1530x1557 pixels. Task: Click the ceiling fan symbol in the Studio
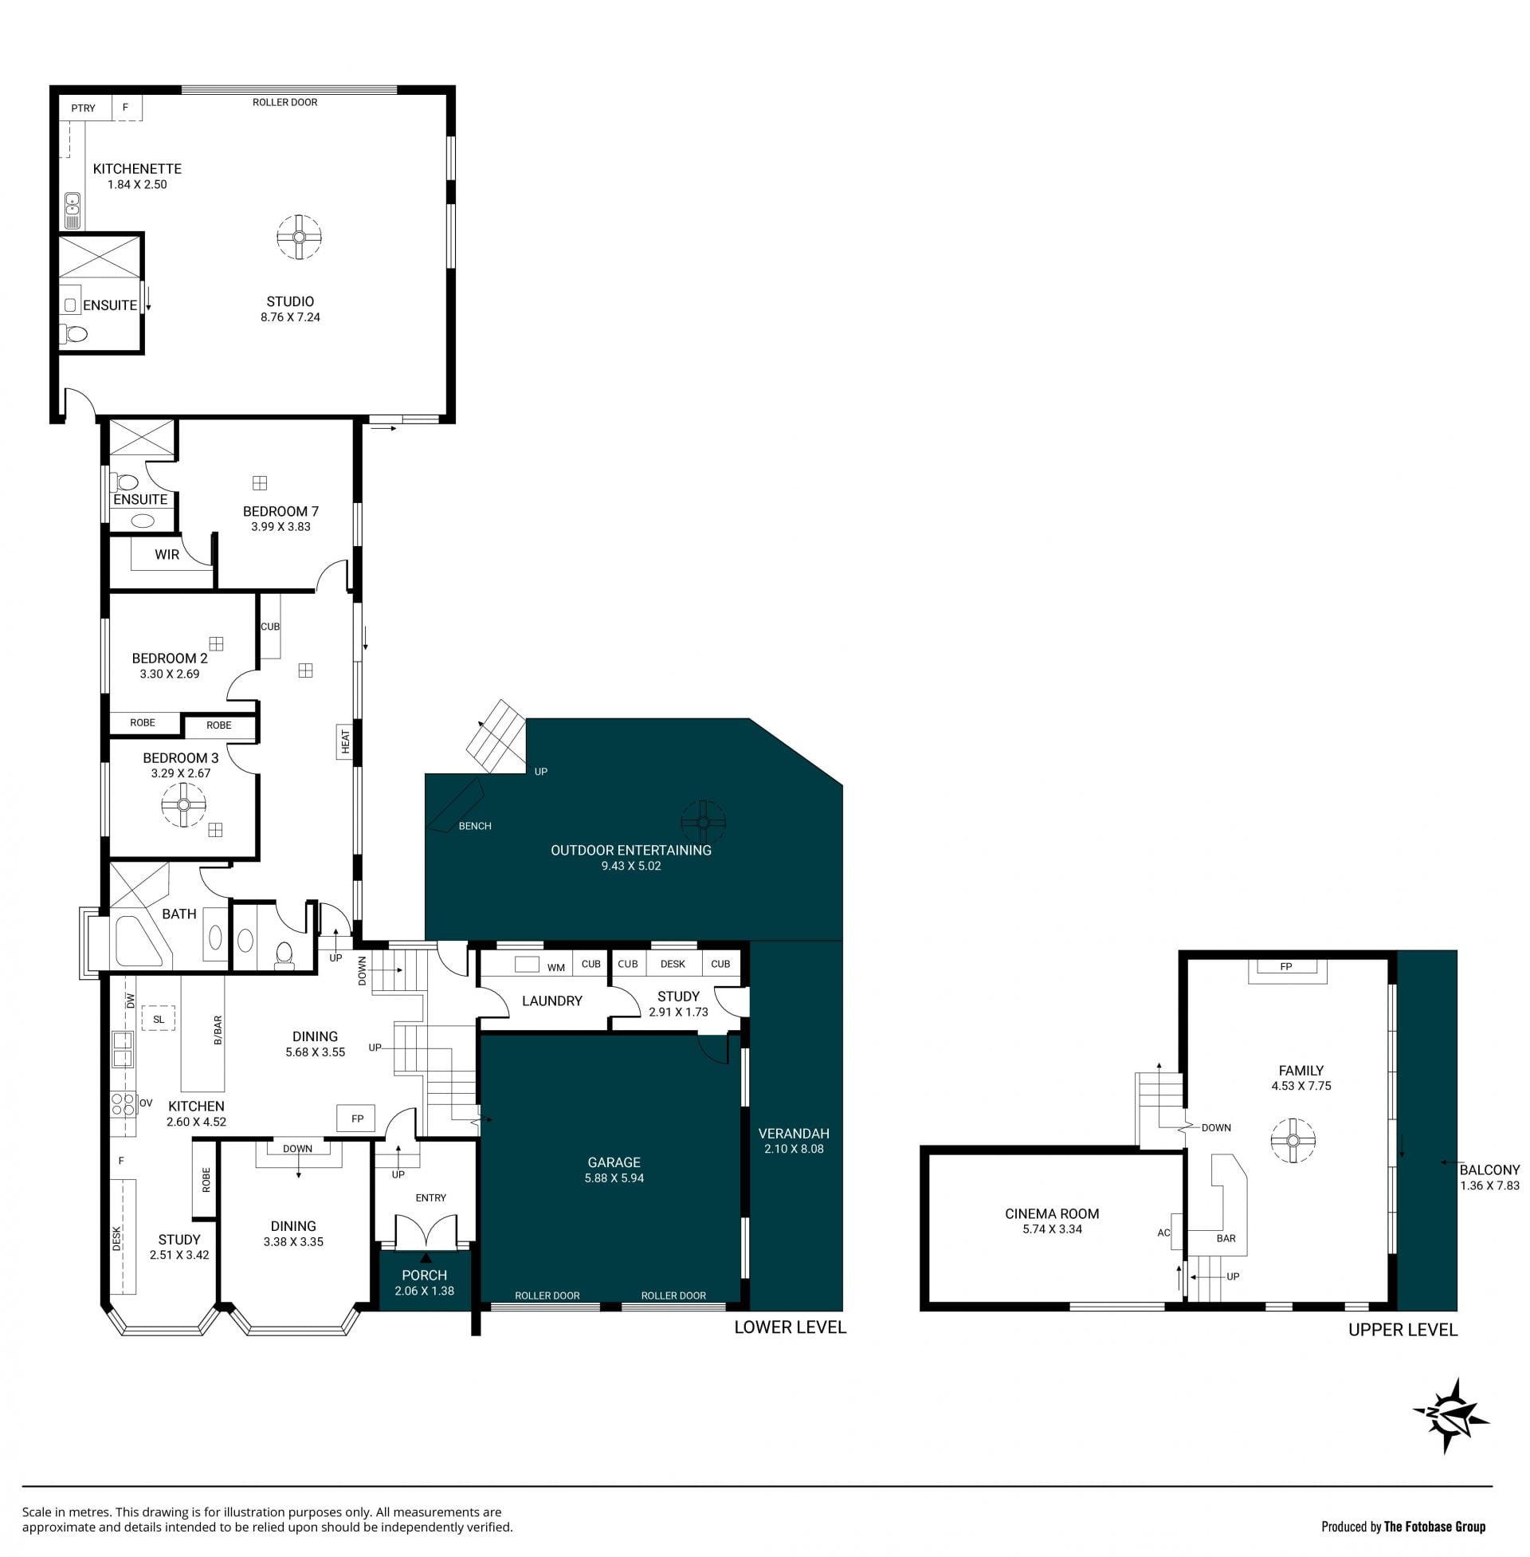pos(299,237)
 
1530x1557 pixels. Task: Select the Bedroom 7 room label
pos(280,511)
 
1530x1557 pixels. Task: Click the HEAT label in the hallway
pos(346,741)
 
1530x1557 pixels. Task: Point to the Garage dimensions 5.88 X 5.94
pos(614,1178)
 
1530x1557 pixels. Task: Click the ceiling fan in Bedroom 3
pos(184,804)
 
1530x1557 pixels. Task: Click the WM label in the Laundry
pos(556,968)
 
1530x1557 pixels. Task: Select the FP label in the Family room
pos(1285,967)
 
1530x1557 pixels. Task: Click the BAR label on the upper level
pos(1226,1239)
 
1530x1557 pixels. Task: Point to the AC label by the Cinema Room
pos(1163,1233)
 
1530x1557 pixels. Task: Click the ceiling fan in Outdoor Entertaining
pos(703,822)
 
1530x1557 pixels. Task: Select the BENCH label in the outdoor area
pos(475,826)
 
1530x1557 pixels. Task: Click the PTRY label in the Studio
pos(83,108)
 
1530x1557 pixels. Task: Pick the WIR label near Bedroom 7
pos(167,555)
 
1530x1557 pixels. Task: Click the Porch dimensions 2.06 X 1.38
pos(424,1291)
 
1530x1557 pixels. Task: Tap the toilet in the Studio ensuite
pos(76,332)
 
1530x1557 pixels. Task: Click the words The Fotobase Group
pos(1434,1527)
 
